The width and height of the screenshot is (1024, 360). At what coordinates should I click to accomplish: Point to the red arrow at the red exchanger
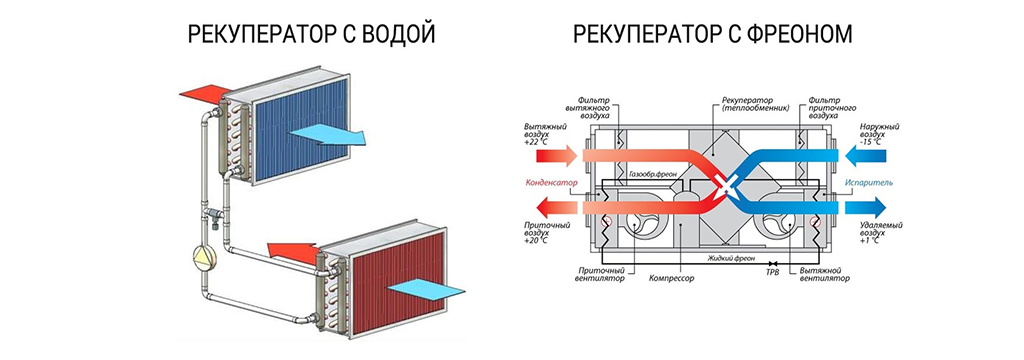tap(294, 252)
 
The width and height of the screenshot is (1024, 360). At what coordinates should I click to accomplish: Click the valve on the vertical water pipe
tap(216, 215)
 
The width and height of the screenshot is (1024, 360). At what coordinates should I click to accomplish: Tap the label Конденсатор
tap(551, 182)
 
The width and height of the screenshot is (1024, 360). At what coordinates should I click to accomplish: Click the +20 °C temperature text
tap(536, 240)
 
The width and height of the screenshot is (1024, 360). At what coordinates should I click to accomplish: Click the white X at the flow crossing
tap(724, 184)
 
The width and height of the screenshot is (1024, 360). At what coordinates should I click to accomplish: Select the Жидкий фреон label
tap(733, 258)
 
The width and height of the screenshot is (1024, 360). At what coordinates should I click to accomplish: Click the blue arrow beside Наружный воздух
tap(866, 155)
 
